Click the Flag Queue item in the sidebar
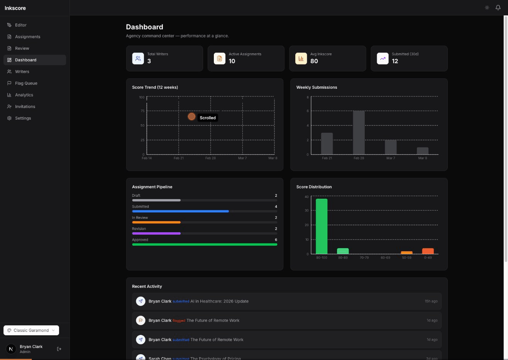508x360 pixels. tap(26, 83)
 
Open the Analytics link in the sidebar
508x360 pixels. tap(24, 95)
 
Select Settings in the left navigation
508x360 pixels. tap(23, 118)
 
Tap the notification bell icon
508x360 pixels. tap(498, 8)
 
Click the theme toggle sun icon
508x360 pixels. tap(487, 8)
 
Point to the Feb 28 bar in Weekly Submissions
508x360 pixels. tap(359, 133)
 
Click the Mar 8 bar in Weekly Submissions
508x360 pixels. tap(422, 151)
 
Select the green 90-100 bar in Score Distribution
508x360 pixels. tap(322, 226)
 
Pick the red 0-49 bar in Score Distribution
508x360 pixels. tap(428, 251)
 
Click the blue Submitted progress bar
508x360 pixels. tap(180, 211)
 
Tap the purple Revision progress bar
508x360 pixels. tap(156, 233)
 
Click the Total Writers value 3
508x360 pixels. tap(149, 61)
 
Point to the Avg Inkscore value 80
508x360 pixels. tap(314, 61)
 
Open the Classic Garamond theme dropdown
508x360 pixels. tap(31, 330)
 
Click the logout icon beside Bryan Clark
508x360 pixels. tap(59, 349)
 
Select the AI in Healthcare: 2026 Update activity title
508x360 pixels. tap(219, 301)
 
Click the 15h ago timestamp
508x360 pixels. tap(431, 301)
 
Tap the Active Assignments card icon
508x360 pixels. tap(220, 59)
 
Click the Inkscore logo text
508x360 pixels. tap(15, 8)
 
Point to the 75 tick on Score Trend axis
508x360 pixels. tap(142, 111)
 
